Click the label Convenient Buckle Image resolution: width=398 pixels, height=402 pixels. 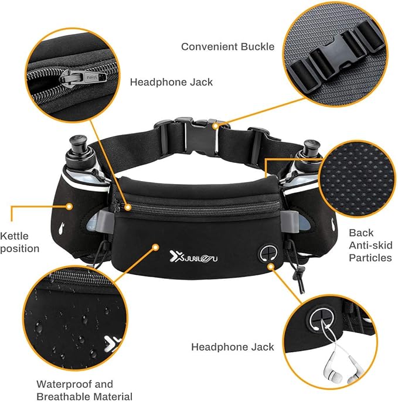click(x=227, y=46)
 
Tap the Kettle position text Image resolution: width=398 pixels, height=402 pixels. click(x=20, y=242)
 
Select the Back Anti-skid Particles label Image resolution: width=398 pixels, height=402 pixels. click(x=370, y=244)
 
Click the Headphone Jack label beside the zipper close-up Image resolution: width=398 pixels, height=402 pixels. click(x=171, y=82)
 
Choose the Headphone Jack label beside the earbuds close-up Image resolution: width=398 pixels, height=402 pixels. click(x=233, y=347)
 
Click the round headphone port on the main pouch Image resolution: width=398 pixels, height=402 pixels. click(x=267, y=253)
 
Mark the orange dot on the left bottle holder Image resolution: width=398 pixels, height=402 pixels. click(x=69, y=206)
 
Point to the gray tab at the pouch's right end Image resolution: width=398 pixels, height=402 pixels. click(x=288, y=220)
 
